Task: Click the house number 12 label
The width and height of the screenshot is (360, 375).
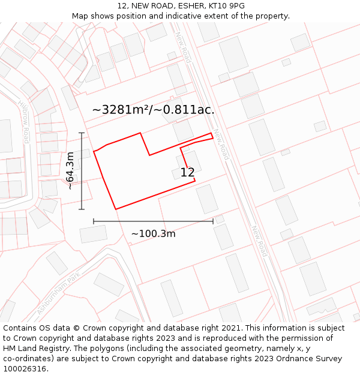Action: click(x=187, y=172)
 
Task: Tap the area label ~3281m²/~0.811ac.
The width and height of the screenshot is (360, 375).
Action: click(x=153, y=110)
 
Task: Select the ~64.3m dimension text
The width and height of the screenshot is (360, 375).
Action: click(x=70, y=170)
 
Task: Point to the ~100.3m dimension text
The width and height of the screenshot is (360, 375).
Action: click(x=153, y=233)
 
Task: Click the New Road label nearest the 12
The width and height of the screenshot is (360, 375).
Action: click(x=221, y=145)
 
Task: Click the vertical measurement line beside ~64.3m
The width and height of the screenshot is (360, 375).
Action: click(x=82, y=171)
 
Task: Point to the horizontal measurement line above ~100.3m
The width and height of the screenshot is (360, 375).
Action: click(x=153, y=221)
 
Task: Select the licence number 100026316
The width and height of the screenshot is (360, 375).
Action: click(x=25, y=368)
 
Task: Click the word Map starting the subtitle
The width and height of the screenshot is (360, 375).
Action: click(x=80, y=16)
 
